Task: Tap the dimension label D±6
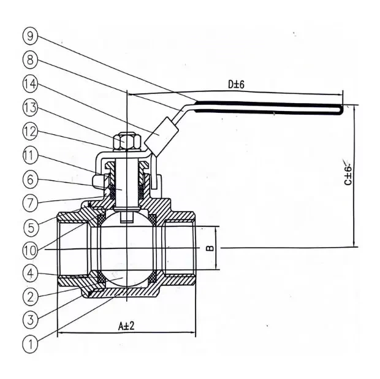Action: pos(236,85)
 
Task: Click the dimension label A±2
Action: pos(126,326)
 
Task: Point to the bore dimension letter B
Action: pos(208,248)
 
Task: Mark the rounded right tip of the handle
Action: pos(339,109)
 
